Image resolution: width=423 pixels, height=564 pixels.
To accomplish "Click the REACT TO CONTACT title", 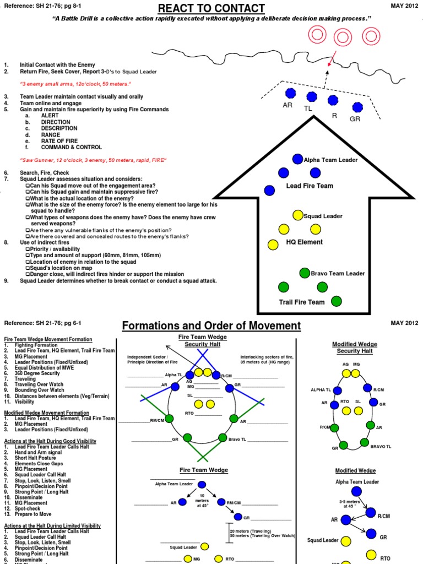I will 211,8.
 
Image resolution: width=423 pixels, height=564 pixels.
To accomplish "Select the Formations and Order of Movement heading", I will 211,326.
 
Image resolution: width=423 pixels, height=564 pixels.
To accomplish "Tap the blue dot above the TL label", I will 312,97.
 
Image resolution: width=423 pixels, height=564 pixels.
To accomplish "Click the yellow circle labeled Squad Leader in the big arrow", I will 297,215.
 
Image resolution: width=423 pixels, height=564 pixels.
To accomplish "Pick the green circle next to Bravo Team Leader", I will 305,273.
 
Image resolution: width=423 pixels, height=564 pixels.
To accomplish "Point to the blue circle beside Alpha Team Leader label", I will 297,159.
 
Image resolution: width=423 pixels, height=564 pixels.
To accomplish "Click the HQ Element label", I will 304,242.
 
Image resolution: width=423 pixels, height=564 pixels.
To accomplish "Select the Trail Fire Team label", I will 302,302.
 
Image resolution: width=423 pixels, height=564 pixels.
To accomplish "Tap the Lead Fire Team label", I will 310,186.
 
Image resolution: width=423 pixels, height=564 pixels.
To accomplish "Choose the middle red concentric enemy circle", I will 343,37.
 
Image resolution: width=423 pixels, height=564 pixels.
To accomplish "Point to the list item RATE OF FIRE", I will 59,140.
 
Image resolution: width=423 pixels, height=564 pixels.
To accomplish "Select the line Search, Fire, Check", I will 46,172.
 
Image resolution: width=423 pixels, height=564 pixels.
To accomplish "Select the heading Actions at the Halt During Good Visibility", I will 50,441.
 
